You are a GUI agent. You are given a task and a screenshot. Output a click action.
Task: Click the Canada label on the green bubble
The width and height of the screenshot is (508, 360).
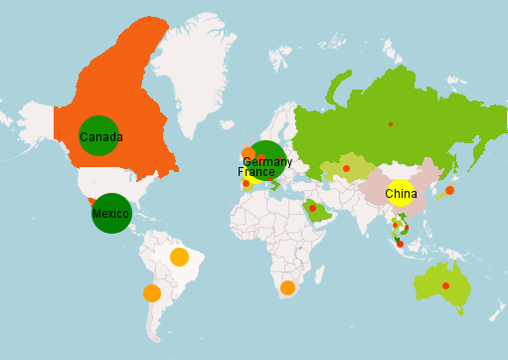[100, 136]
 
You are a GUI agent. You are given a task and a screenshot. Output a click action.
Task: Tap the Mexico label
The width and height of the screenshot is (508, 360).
[110, 214]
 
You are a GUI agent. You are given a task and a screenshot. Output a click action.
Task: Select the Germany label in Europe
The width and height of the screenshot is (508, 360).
[266, 161]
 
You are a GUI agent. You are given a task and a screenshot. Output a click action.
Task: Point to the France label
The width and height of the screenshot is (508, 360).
[255, 172]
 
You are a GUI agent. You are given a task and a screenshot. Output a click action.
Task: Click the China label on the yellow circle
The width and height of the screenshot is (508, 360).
[401, 193]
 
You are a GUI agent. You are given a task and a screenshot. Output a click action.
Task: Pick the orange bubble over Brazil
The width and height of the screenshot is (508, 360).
[179, 257]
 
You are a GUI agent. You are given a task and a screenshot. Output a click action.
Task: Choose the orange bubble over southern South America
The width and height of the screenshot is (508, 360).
[152, 293]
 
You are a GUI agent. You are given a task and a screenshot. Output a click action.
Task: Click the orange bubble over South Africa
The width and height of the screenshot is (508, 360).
[287, 287]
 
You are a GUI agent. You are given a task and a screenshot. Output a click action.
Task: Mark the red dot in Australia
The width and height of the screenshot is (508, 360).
[445, 285]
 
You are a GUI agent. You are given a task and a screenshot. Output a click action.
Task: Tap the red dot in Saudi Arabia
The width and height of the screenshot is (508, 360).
[313, 208]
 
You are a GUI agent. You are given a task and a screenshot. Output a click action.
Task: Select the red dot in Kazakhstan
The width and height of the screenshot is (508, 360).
[346, 168]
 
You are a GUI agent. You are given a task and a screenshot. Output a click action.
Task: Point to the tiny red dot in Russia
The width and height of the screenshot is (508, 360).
[391, 124]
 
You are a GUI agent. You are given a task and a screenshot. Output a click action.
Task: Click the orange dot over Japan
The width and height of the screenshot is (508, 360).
[449, 190]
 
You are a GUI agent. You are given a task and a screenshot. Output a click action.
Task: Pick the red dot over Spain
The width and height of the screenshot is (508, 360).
[246, 183]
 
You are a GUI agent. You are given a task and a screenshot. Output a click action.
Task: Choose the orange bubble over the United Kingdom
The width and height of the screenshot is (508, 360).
[249, 153]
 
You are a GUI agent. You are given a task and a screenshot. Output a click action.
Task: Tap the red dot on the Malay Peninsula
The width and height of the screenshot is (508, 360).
[399, 243]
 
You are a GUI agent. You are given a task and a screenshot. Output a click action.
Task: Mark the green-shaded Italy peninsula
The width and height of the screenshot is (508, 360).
[269, 178]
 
